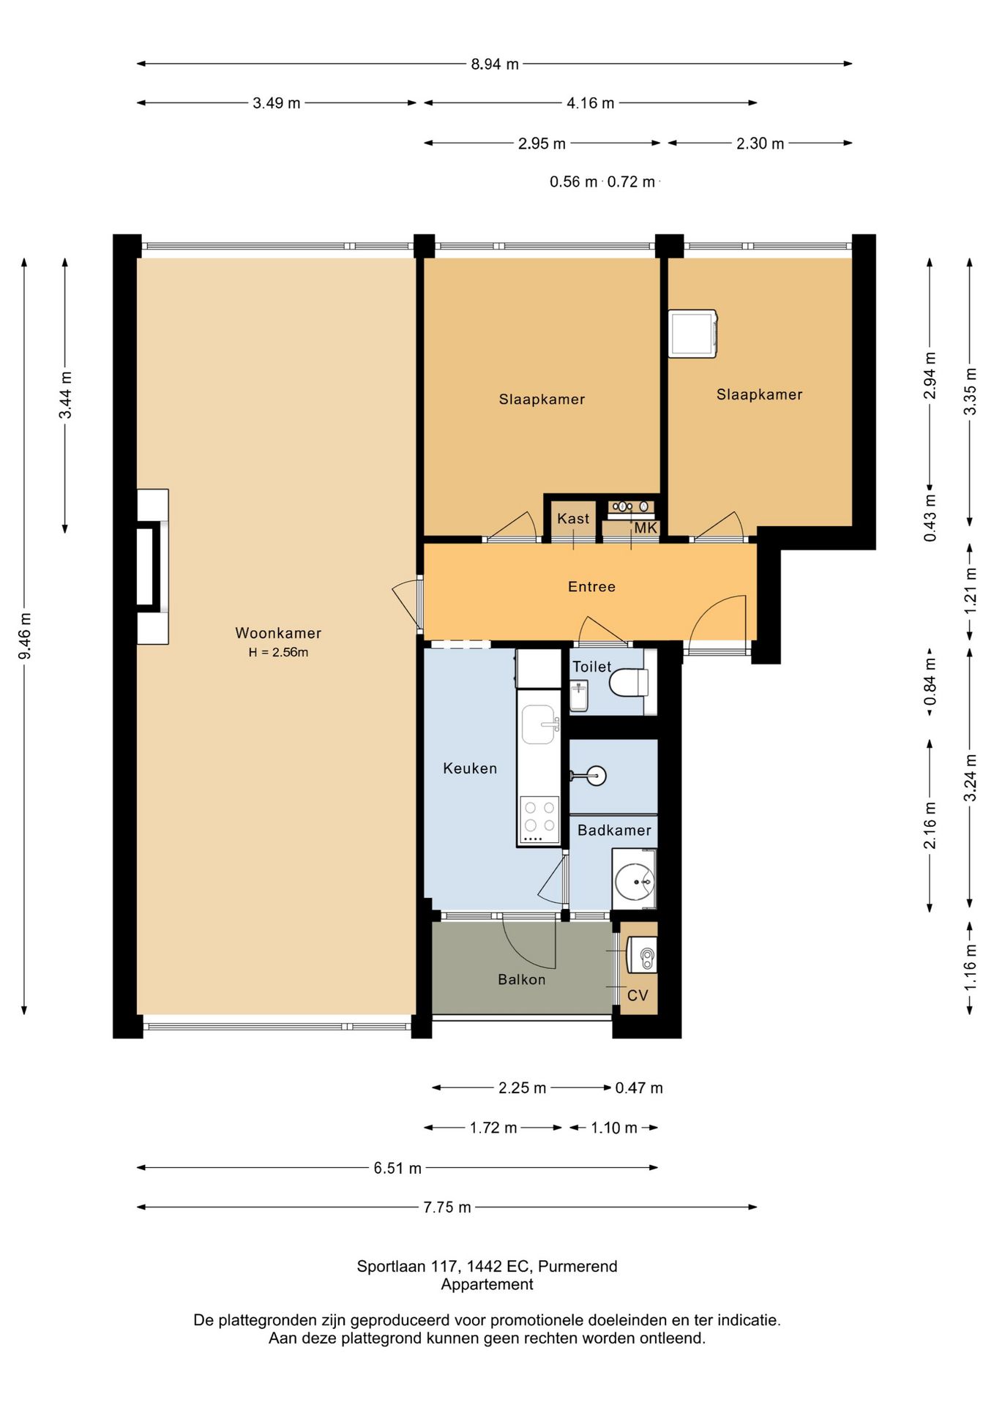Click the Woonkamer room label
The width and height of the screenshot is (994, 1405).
click(278, 633)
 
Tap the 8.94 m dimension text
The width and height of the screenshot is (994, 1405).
click(495, 64)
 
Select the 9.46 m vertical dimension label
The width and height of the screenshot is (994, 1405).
click(25, 635)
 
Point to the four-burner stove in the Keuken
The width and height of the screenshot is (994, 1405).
click(539, 820)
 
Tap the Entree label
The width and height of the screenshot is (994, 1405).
click(591, 587)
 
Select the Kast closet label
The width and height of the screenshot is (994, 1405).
click(573, 519)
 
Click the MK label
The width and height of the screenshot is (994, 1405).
click(646, 528)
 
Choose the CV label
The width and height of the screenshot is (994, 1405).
click(638, 995)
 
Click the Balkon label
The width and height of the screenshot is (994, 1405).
click(522, 980)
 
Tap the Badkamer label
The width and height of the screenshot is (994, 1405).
click(614, 831)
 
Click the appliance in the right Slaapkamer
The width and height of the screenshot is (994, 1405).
click(692, 334)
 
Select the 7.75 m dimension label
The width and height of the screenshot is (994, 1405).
click(447, 1207)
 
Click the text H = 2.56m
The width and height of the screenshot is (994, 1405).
click(278, 653)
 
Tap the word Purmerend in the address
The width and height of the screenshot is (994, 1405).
click(578, 1267)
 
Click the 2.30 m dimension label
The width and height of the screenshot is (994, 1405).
click(760, 143)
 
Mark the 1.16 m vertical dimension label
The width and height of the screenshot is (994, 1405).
click(971, 967)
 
